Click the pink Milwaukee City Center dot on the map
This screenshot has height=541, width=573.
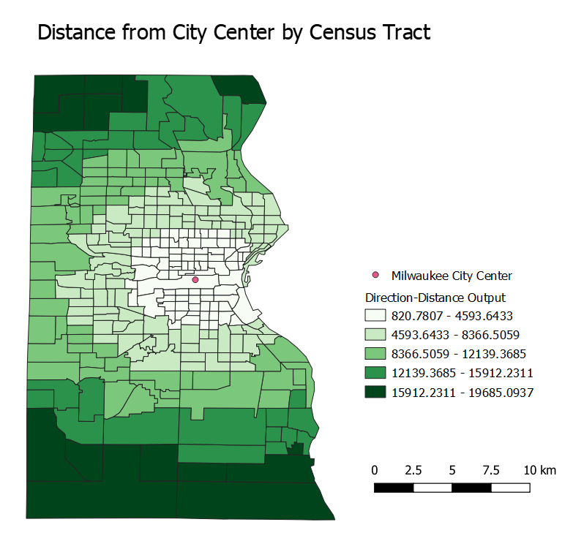pos(195,279)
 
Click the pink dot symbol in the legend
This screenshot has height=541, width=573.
pos(376,275)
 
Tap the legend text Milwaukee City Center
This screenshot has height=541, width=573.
pos(452,276)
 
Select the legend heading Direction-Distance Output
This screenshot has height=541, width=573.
pos(435,298)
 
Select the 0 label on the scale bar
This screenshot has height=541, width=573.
pos(375,469)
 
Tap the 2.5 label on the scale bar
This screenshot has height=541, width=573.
pos(413,469)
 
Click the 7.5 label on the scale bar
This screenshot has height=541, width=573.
pos(491,469)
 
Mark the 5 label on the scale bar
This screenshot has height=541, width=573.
pos(452,469)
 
